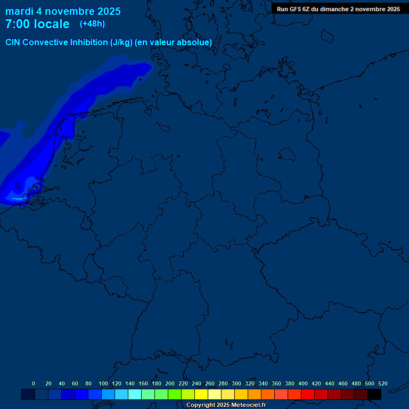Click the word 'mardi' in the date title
[x=19, y=11]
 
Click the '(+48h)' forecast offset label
[x=92, y=24]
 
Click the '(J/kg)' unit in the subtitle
[x=121, y=43]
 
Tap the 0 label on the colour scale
[x=34, y=383]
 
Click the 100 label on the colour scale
[x=103, y=383]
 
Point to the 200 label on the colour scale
[x=170, y=383]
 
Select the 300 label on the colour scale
[x=236, y=383]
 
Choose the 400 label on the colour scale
[x=303, y=383]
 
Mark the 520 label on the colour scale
[x=383, y=383]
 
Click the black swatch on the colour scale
[x=374, y=394]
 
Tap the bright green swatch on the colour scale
[x=175, y=394]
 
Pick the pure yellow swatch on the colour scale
[x=201, y=394]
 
